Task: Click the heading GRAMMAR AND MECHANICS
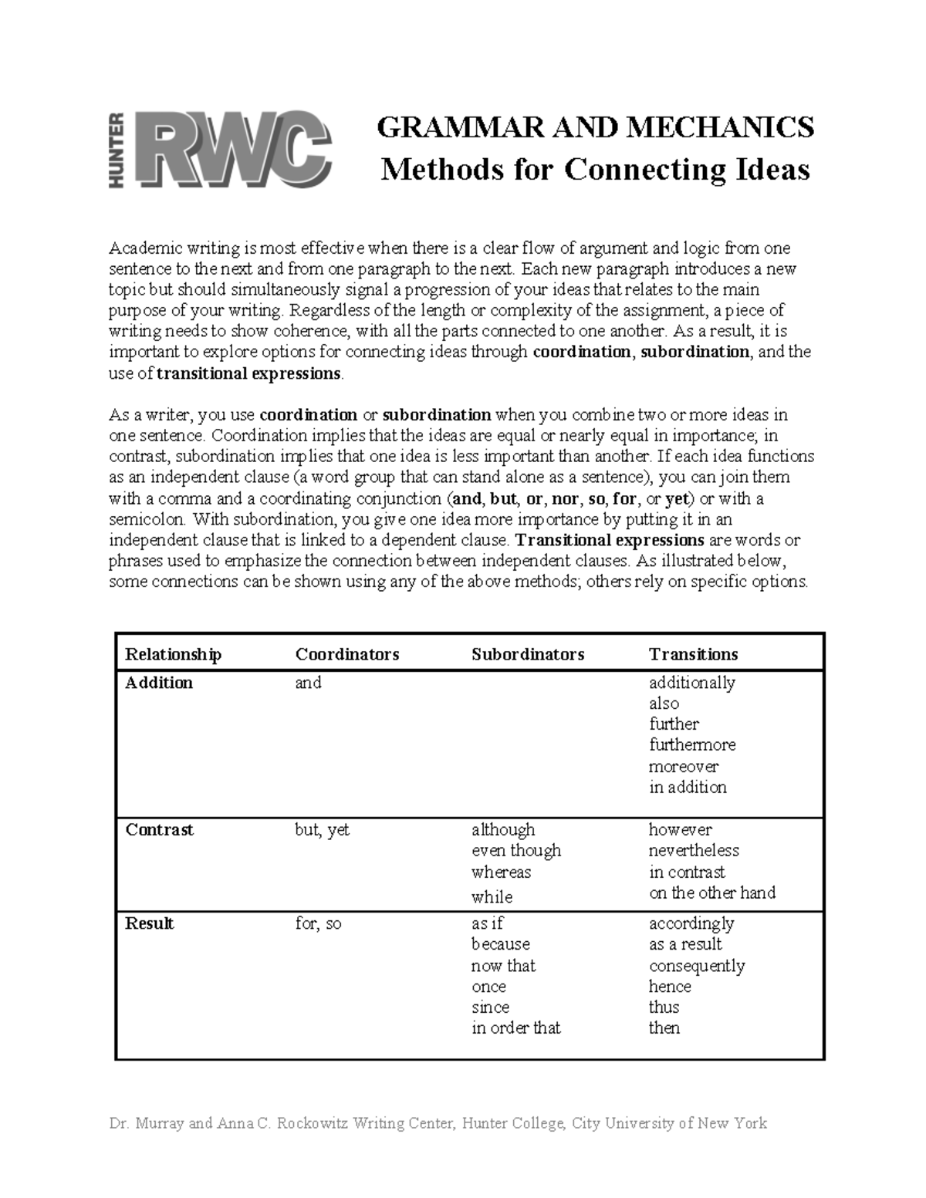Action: click(595, 127)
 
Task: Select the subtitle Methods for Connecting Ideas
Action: click(595, 170)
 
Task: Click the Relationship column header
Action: click(173, 654)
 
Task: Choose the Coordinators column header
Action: click(346, 654)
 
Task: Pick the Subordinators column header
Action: click(528, 654)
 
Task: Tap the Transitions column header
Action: click(693, 654)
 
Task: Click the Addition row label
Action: click(159, 683)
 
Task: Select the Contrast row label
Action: click(159, 830)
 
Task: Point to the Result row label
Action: click(149, 923)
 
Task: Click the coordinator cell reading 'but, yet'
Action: click(322, 830)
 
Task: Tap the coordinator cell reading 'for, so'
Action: click(318, 923)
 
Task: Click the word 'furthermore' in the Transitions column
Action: click(692, 745)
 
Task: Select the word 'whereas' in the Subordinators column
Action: click(501, 872)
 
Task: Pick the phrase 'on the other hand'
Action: click(711, 893)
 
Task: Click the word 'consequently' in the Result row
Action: click(697, 966)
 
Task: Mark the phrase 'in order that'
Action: click(515, 1028)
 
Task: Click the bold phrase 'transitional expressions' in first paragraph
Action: click(248, 373)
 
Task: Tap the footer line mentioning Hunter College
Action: click(438, 1123)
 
